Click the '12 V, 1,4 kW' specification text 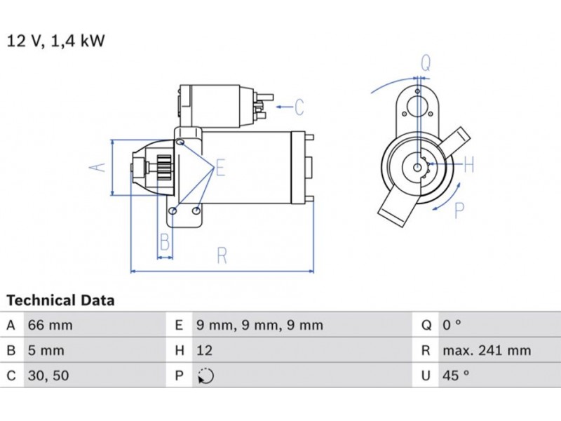tap(56, 41)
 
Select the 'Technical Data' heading tap(60, 301)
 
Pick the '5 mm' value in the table tap(46, 351)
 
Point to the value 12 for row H tap(204, 351)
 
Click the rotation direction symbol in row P tap(205, 376)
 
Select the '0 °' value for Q tap(452, 326)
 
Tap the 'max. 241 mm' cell tap(486, 351)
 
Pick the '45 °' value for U tap(455, 376)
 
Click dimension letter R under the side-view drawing tap(222, 255)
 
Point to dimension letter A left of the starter tap(99, 167)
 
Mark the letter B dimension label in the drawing tap(165, 243)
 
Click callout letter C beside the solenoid tap(299, 107)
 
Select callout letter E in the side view tap(220, 168)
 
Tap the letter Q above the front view tap(426, 62)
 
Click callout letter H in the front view tap(469, 166)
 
